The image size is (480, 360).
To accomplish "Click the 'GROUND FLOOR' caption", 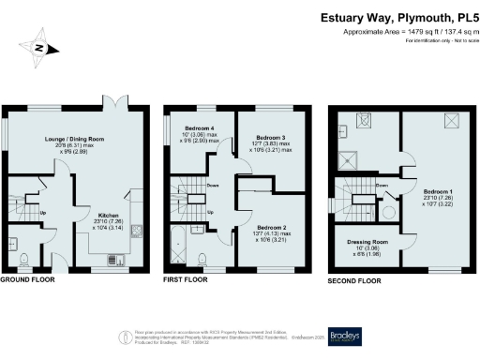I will [26, 280].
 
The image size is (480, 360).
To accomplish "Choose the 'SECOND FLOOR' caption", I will [353, 280].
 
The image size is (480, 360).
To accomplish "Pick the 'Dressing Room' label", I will [366, 241].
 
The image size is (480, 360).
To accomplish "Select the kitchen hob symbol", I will [136, 231].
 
